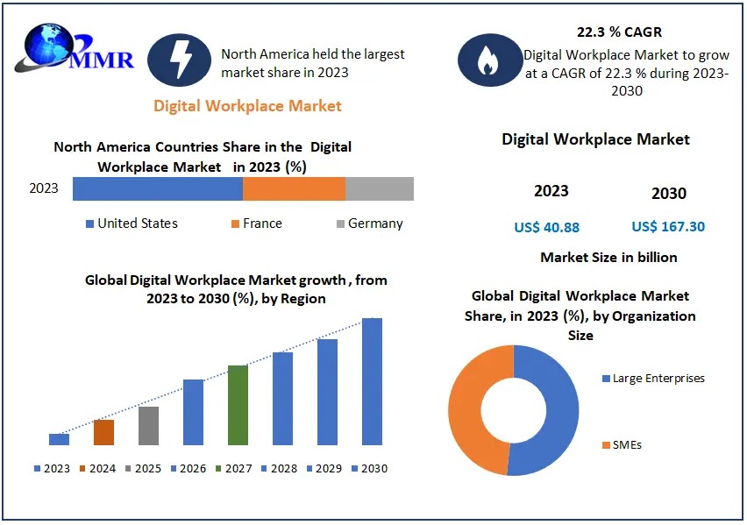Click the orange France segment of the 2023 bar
click(x=294, y=188)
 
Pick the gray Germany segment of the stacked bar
click(x=379, y=188)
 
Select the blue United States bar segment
click(x=158, y=188)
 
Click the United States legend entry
click(x=132, y=223)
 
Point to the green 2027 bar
click(x=238, y=405)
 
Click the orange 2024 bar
click(x=103, y=432)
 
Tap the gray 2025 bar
click(x=148, y=425)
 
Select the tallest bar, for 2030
click(x=373, y=381)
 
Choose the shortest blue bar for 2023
click(x=59, y=439)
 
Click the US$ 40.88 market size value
click(x=546, y=227)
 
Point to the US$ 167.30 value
click(x=668, y=227)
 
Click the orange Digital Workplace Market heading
click(x=247, y=106)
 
